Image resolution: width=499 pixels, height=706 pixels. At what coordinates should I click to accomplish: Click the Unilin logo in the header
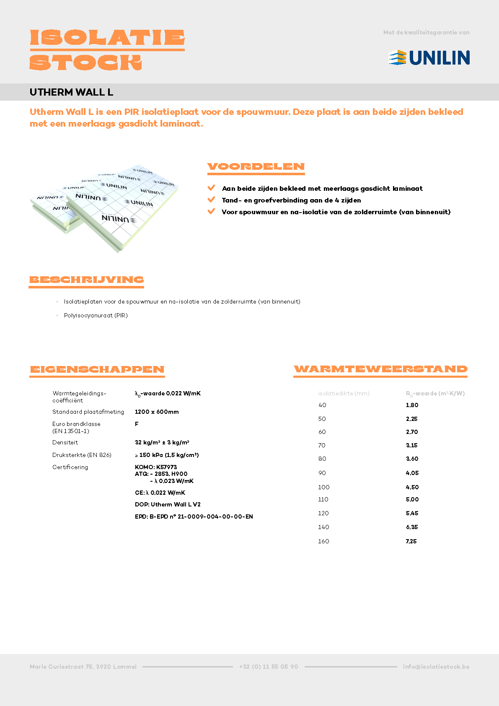pyautogui.click(x=429, y=57)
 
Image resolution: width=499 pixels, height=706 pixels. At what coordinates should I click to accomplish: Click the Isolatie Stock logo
pyautogui.click(x=107, y=49)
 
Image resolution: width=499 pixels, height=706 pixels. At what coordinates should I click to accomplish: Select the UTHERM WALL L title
pyautogui.click(x=71, y=92)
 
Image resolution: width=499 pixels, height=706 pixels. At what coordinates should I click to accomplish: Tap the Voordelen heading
pyautogui.click(x=256, y=166)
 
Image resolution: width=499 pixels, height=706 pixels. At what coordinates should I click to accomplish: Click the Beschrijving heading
pyautogui.click(x=86, y=280)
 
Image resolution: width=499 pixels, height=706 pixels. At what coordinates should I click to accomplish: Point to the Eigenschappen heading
pyautogui.click(x=97, y=369)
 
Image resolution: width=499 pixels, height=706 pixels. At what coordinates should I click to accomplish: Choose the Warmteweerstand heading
pyautogui.click(x=380, y=369)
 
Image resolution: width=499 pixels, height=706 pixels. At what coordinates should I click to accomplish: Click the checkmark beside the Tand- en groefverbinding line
pyautogui.click(x=211, y=200)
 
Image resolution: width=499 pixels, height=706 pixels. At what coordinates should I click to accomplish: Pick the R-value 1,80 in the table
pyautogui.click(x=412, y=405)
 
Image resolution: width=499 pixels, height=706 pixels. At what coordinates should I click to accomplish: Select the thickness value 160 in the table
pyautogui.click(x=323, y=541)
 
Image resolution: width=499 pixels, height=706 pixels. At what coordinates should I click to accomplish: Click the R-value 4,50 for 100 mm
pyautogui.click(x=412, y=487)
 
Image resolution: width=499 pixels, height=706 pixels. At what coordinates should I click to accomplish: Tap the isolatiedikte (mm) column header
pyautogui.click(x=344, y=393)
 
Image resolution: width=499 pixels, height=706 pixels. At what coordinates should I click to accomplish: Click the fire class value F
pyautogui.click(x=137, y=424)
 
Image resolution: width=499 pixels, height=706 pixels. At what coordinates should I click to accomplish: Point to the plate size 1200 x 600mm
pyautogui.click(x=157, y=412)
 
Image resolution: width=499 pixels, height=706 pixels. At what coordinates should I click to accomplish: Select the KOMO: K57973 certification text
pyautogui.click(x=156, y=467)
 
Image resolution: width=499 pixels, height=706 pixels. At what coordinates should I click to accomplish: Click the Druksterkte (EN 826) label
pyautogui.click(x=82, y=455)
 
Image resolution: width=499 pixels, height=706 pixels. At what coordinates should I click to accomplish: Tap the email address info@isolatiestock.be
pyautogui.click(x=436, y=667)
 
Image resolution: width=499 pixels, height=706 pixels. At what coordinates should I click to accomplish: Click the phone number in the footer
pyautogui.click(x=269, y=667)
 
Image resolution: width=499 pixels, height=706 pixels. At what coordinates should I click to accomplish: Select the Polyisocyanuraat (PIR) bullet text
pyautogui.click(x=96, y=315)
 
